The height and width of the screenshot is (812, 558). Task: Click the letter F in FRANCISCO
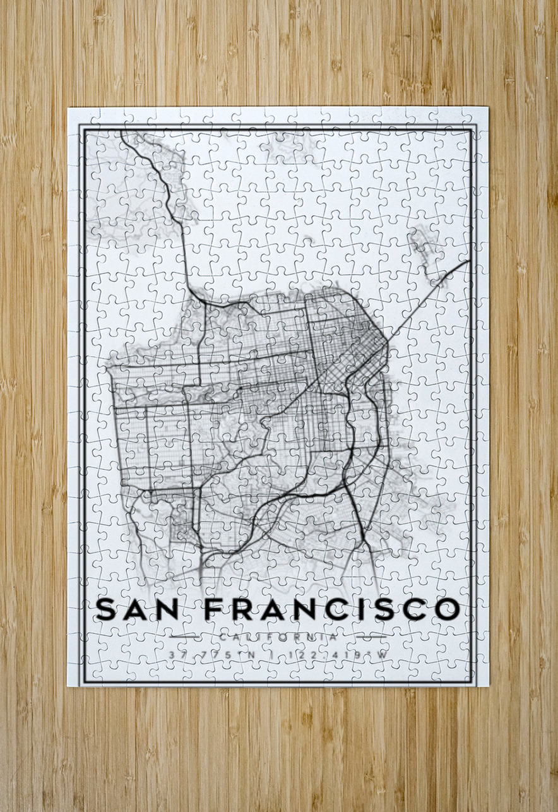pos(215,609)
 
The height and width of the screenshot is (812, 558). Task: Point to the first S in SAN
pos(107,609)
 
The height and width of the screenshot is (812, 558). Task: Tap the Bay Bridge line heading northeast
pos(429,294)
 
